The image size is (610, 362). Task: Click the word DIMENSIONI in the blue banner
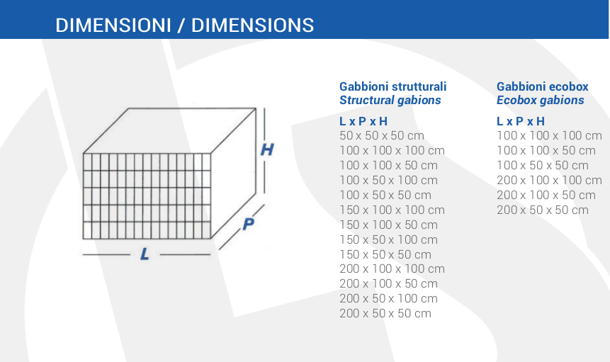113,26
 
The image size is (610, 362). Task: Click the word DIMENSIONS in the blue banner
252,26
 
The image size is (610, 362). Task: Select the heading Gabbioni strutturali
393,86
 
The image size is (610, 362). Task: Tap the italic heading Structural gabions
390,101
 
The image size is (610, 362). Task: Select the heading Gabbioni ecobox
542,86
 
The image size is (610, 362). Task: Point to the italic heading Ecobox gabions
541,101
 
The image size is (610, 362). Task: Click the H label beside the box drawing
267,149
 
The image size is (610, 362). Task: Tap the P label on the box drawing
248,224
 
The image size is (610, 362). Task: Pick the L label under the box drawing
145,254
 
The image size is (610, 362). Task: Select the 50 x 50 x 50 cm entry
382,136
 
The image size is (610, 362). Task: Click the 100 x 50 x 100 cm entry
388,180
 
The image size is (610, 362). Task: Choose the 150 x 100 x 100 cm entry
392,210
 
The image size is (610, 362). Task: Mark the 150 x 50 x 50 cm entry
385,254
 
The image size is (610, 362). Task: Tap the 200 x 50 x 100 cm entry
388,299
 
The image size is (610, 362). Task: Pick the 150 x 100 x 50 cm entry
388,225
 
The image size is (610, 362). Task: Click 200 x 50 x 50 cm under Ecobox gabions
542,210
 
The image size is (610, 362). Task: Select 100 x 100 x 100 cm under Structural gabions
392,150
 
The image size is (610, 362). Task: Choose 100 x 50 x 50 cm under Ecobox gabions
542,165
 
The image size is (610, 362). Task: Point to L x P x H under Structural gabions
363,121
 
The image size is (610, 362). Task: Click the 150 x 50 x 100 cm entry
388,239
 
